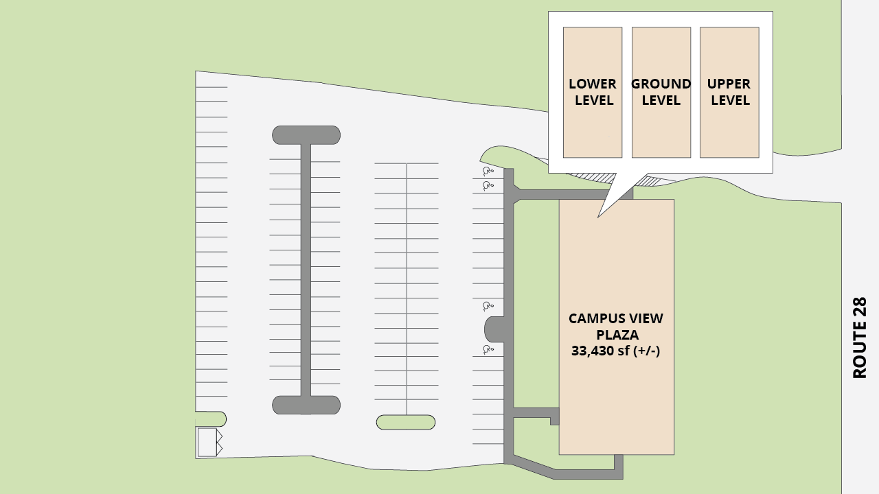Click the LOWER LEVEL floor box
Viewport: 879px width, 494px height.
tap(593, 92)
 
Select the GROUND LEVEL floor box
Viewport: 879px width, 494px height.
tap(661, 92)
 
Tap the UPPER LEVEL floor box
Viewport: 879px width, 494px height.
tap(729, 92)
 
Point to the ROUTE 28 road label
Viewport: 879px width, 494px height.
tap(860, 337)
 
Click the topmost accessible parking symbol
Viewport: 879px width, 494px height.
tap(488, 171)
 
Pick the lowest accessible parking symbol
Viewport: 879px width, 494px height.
tap(488, 350)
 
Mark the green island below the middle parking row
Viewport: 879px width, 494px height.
tap(406, 422)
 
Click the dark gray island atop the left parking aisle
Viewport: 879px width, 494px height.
tap(306, 134)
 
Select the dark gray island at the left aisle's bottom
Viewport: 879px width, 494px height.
tap(306, 405)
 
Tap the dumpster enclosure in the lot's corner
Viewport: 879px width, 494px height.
tap(208, 442)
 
